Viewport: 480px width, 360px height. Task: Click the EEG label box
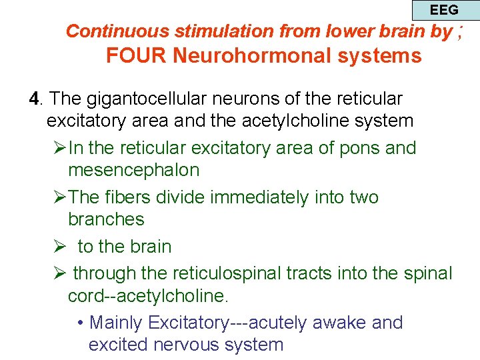444,10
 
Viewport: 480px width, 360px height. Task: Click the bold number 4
34,99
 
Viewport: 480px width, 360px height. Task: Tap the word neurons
255,99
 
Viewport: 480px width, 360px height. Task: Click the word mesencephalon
133,169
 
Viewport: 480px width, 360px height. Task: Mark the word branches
106,219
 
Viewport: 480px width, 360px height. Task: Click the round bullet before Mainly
80,323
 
